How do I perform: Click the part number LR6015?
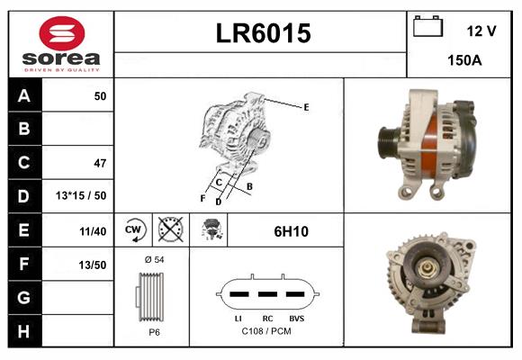[x=262, y=33]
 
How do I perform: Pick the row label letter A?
[x=23, y=95]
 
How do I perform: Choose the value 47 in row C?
[x=99, y=163]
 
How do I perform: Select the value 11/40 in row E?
[x=93, y=230]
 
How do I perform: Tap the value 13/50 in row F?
[x=94, y=265]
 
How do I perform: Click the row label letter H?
[x=23, y=331]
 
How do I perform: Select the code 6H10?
[x=291, y=231]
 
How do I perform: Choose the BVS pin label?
[x=296, y=319]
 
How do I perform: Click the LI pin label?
[x=237, y=319]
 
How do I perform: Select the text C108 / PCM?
[x=266, y=331]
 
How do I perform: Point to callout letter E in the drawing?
[x=306, y=107]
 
